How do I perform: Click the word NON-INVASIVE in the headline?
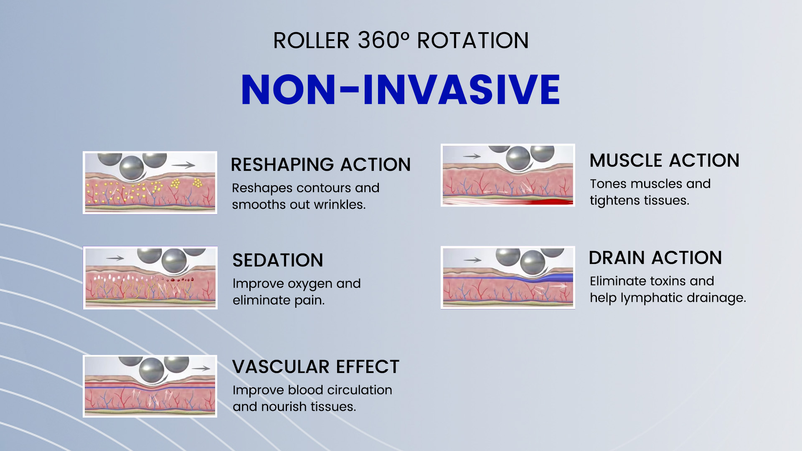[x=401, y=89]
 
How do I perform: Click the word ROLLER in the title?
[x=311, y=41]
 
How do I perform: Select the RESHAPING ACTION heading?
[x=320, y=165]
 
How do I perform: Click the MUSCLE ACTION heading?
[x=664, y=160]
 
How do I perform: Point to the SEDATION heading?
[x=278, y=260]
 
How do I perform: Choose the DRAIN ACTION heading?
[x=655, y=258]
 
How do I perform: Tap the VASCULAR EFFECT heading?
[x=316, y=367]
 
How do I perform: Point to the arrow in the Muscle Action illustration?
[x=472, y=157]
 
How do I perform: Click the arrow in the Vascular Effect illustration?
[x=201, y=368]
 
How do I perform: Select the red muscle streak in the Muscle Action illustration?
[x=549, y=202]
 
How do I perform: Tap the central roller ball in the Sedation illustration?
[x=174, y=261]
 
